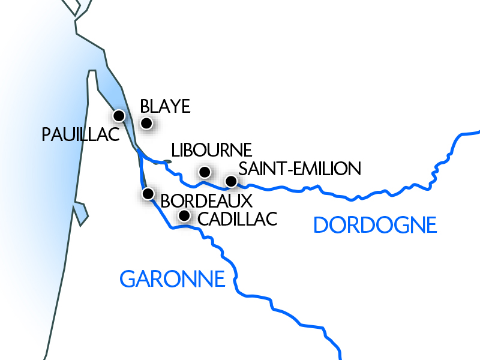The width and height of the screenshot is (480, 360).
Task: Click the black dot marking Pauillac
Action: pos(119,115)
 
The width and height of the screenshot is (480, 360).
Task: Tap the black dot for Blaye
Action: pos(146,124)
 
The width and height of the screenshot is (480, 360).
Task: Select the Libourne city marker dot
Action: pos(205,172)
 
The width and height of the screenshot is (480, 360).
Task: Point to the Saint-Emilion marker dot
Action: pos(231,181)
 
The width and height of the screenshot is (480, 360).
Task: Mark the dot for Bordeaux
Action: pos(148,194)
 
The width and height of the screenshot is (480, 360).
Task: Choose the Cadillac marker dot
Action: pos(185,215)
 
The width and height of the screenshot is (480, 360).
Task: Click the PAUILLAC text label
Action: pos(82,135)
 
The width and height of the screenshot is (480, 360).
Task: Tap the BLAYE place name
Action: pos(165,107)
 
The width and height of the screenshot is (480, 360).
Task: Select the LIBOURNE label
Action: pos(211,150)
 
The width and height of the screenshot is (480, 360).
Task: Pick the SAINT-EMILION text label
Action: pos(300,169)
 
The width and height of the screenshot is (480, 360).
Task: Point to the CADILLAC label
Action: pos(237,219)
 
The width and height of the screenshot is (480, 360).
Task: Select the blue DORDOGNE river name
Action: pos(375,225)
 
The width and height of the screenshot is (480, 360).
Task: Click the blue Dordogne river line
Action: pos(360,197)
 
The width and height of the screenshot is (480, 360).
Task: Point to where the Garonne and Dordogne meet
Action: pos(139,151)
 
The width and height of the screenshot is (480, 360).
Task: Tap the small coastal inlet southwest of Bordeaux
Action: pos(80,211)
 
